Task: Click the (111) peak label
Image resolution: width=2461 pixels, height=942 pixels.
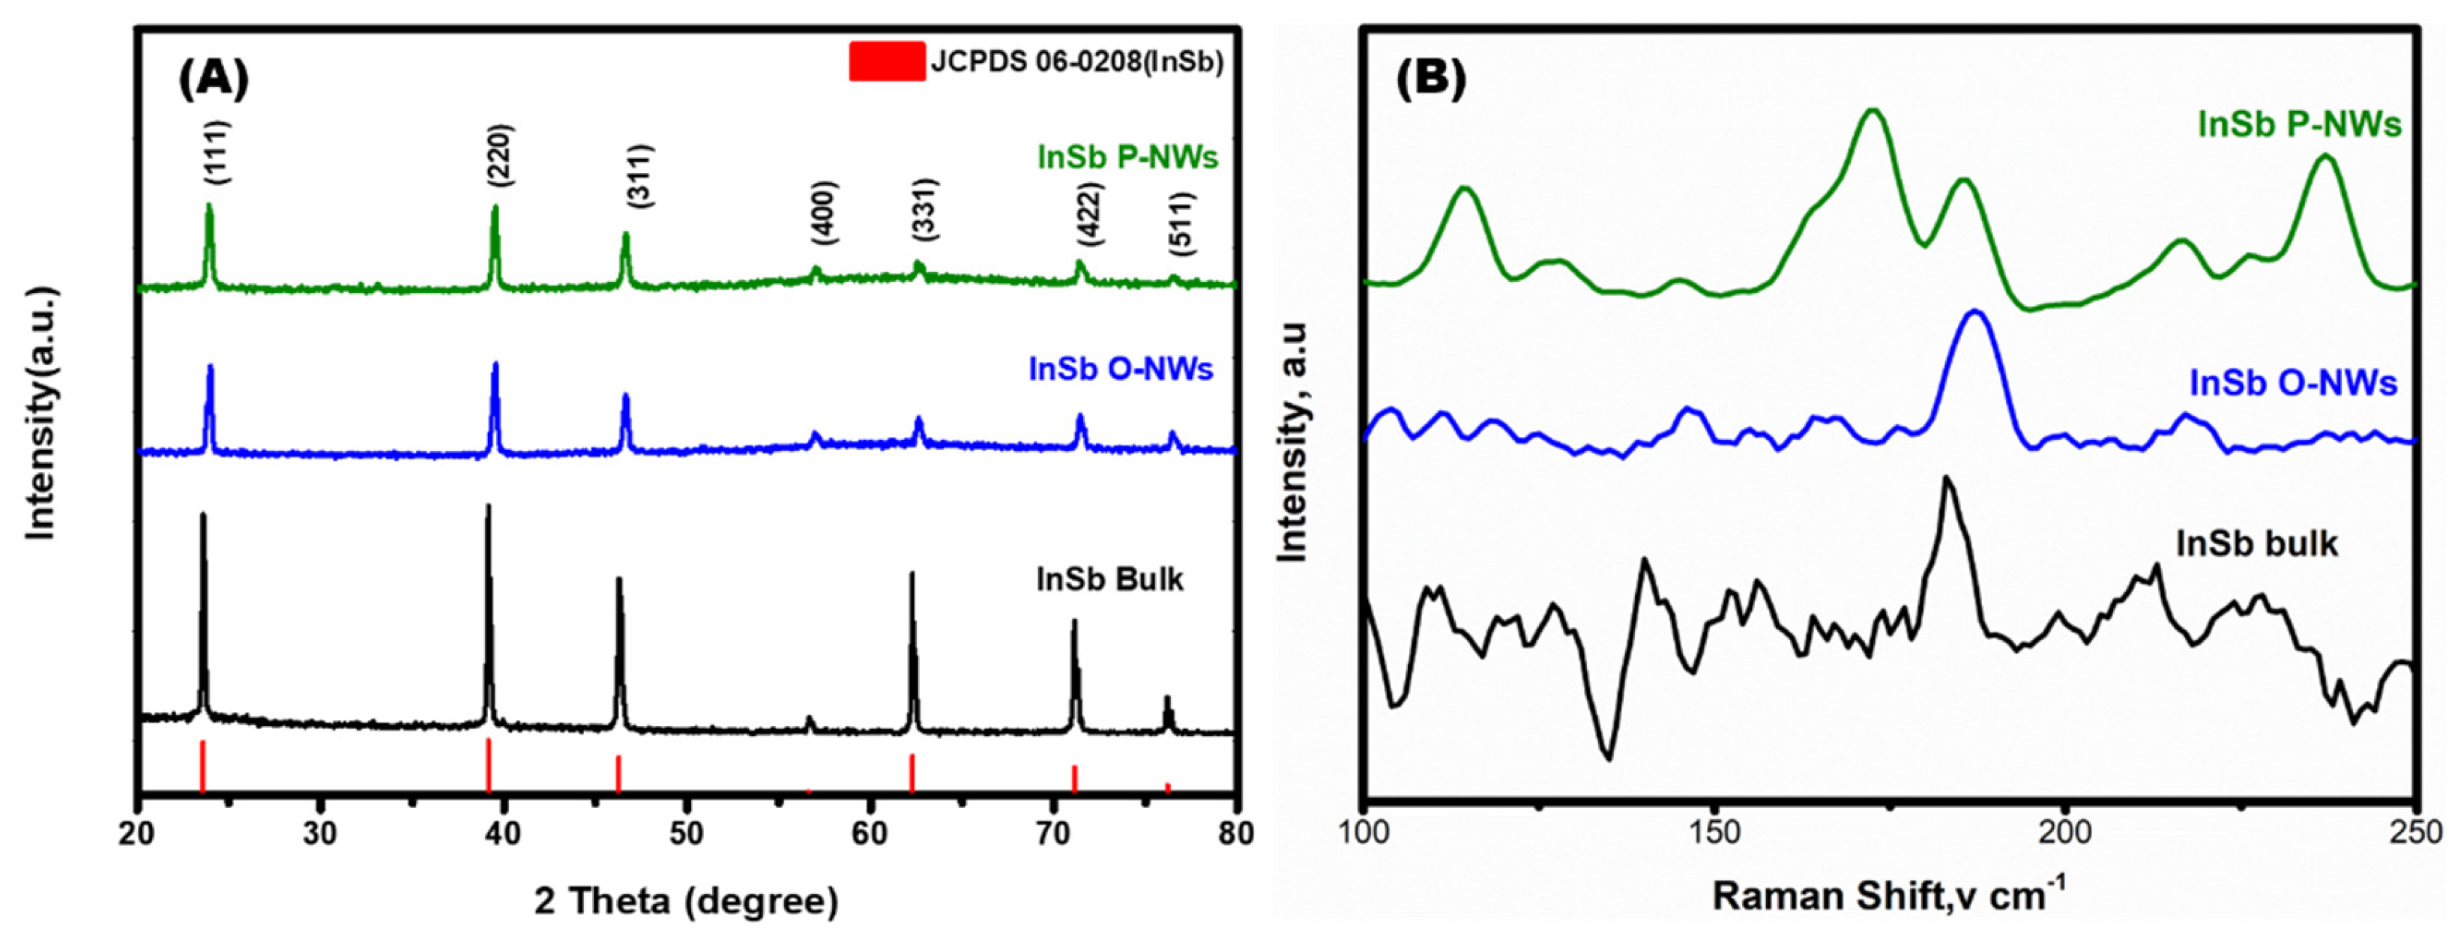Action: click(x=217, y=152)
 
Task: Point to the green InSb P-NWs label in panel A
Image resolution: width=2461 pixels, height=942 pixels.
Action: click(x=1127, y=157)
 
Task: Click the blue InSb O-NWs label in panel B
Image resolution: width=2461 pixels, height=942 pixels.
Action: click(x=2293, y=382)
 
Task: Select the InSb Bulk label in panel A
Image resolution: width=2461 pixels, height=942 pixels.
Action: click(x=1109, y=579)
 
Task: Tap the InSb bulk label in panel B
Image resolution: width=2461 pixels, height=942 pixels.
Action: click(x=2256, y=543)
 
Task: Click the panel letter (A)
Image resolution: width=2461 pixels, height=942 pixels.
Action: click(x=213, y=79)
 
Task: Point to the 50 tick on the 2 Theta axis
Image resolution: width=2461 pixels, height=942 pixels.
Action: click(x=686, y=833)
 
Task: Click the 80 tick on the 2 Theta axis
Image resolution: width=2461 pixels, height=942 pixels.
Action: click(x=1235, y=833)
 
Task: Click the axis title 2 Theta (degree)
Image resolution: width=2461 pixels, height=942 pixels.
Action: click(x=686, y=901)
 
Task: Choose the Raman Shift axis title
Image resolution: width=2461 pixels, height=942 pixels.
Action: click(x=1889, y=896)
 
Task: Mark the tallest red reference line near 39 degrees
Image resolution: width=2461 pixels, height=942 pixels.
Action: click(x=488, y=764)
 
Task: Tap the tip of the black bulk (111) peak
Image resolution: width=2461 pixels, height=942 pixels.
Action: click(x=202, y=516)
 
